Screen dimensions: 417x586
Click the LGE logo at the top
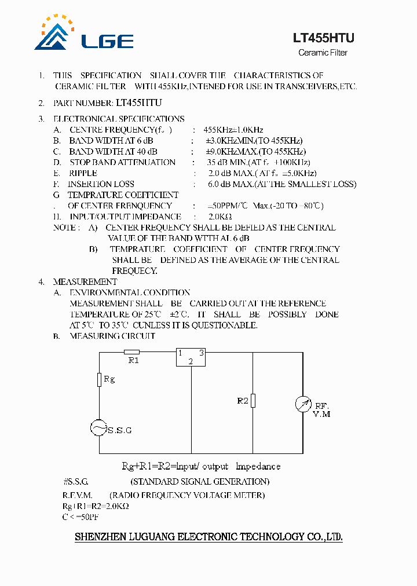84,35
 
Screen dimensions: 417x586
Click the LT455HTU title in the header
323,38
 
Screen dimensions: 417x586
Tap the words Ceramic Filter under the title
323,53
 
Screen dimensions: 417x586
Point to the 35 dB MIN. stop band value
227,162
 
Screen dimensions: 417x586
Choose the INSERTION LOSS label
101,184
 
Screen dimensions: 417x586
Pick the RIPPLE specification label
83,173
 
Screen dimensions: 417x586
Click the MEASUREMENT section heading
85,282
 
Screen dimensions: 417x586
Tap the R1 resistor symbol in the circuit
132,351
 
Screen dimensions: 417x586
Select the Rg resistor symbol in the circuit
100,379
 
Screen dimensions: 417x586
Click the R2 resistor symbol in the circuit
253,400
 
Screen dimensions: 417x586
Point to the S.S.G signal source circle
99,428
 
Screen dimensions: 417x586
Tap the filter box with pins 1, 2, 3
191,357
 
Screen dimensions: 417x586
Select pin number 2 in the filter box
191,362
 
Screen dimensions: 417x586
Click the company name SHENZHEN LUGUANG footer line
209,537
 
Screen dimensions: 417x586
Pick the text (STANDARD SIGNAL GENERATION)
200,482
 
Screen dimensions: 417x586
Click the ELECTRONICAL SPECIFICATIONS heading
119,119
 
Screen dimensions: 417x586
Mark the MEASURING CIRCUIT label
112,336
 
